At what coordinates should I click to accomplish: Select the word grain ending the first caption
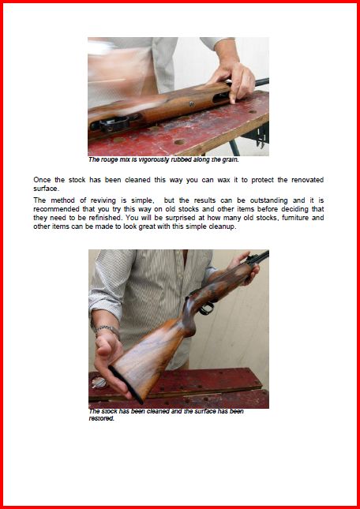231,159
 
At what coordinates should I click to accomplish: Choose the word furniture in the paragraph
295,218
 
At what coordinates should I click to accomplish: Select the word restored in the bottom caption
102,419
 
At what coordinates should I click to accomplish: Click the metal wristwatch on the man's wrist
108,331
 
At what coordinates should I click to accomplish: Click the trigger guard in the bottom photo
207,308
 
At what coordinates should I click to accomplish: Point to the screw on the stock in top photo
192,104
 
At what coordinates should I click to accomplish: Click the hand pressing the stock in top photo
232,80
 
